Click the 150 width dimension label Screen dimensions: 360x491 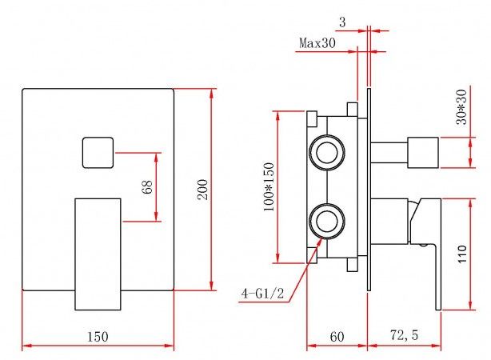pos(98,336)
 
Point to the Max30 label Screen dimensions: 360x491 pos(317,42)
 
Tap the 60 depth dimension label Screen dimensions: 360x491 pos(337,336)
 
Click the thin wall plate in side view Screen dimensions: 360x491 pos(369,192)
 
